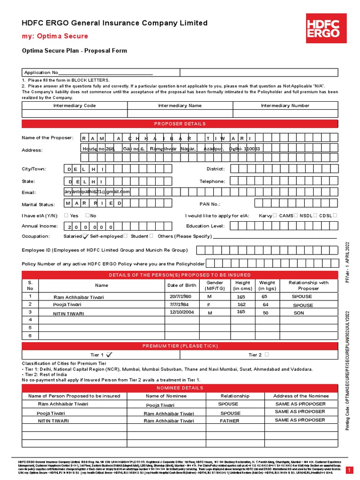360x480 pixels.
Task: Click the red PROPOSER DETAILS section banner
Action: point(180,124)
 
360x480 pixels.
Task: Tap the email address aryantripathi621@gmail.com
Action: point(97,192)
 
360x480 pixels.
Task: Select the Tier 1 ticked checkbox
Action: point(109,355)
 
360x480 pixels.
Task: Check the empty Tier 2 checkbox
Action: point(266,355)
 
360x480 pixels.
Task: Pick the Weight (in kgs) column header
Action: point(267,285)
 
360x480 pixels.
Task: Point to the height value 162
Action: point(241,305)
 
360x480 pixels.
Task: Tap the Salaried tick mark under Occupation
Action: point(85,237)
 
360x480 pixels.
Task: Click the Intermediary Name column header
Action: point(180,106)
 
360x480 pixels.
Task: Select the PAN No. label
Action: point(210,204)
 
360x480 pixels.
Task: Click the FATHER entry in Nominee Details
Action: point(229,421)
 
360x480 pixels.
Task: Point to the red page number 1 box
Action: point(349,470)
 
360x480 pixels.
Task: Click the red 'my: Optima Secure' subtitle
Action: point(55,36)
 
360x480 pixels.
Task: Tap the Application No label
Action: point(42,73)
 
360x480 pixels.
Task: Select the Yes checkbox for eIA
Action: point(66,216)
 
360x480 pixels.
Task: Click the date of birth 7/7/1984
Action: point(179,304)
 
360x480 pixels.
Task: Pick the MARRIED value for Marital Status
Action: point(94,203)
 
